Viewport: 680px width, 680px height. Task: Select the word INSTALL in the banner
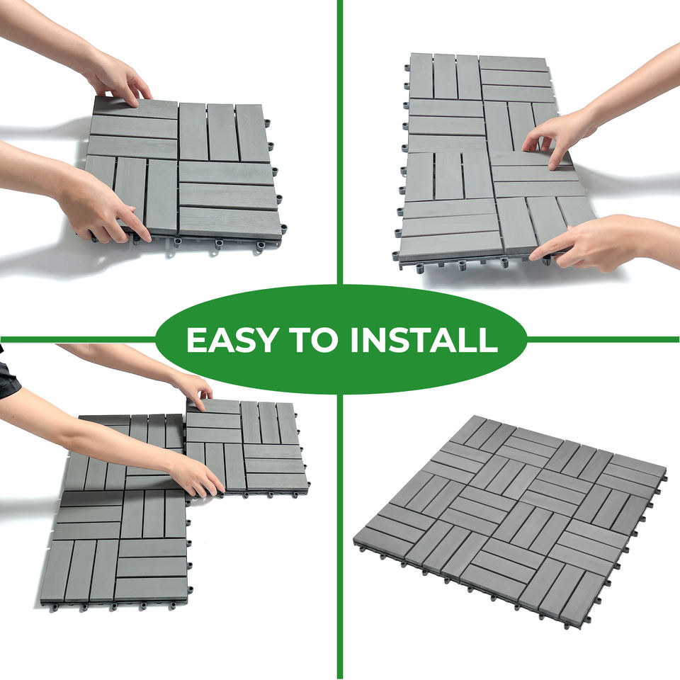tap(424, 339)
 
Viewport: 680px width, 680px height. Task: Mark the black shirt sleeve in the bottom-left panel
tap(8, 373)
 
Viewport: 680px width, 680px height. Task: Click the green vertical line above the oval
tap(340, 142)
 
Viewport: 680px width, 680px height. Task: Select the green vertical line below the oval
tap(340, 536)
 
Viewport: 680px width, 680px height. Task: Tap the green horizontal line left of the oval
tap(78, 339)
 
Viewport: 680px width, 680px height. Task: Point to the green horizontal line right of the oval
tap(603, 339)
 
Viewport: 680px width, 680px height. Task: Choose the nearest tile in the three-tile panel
tap(117, 548)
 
